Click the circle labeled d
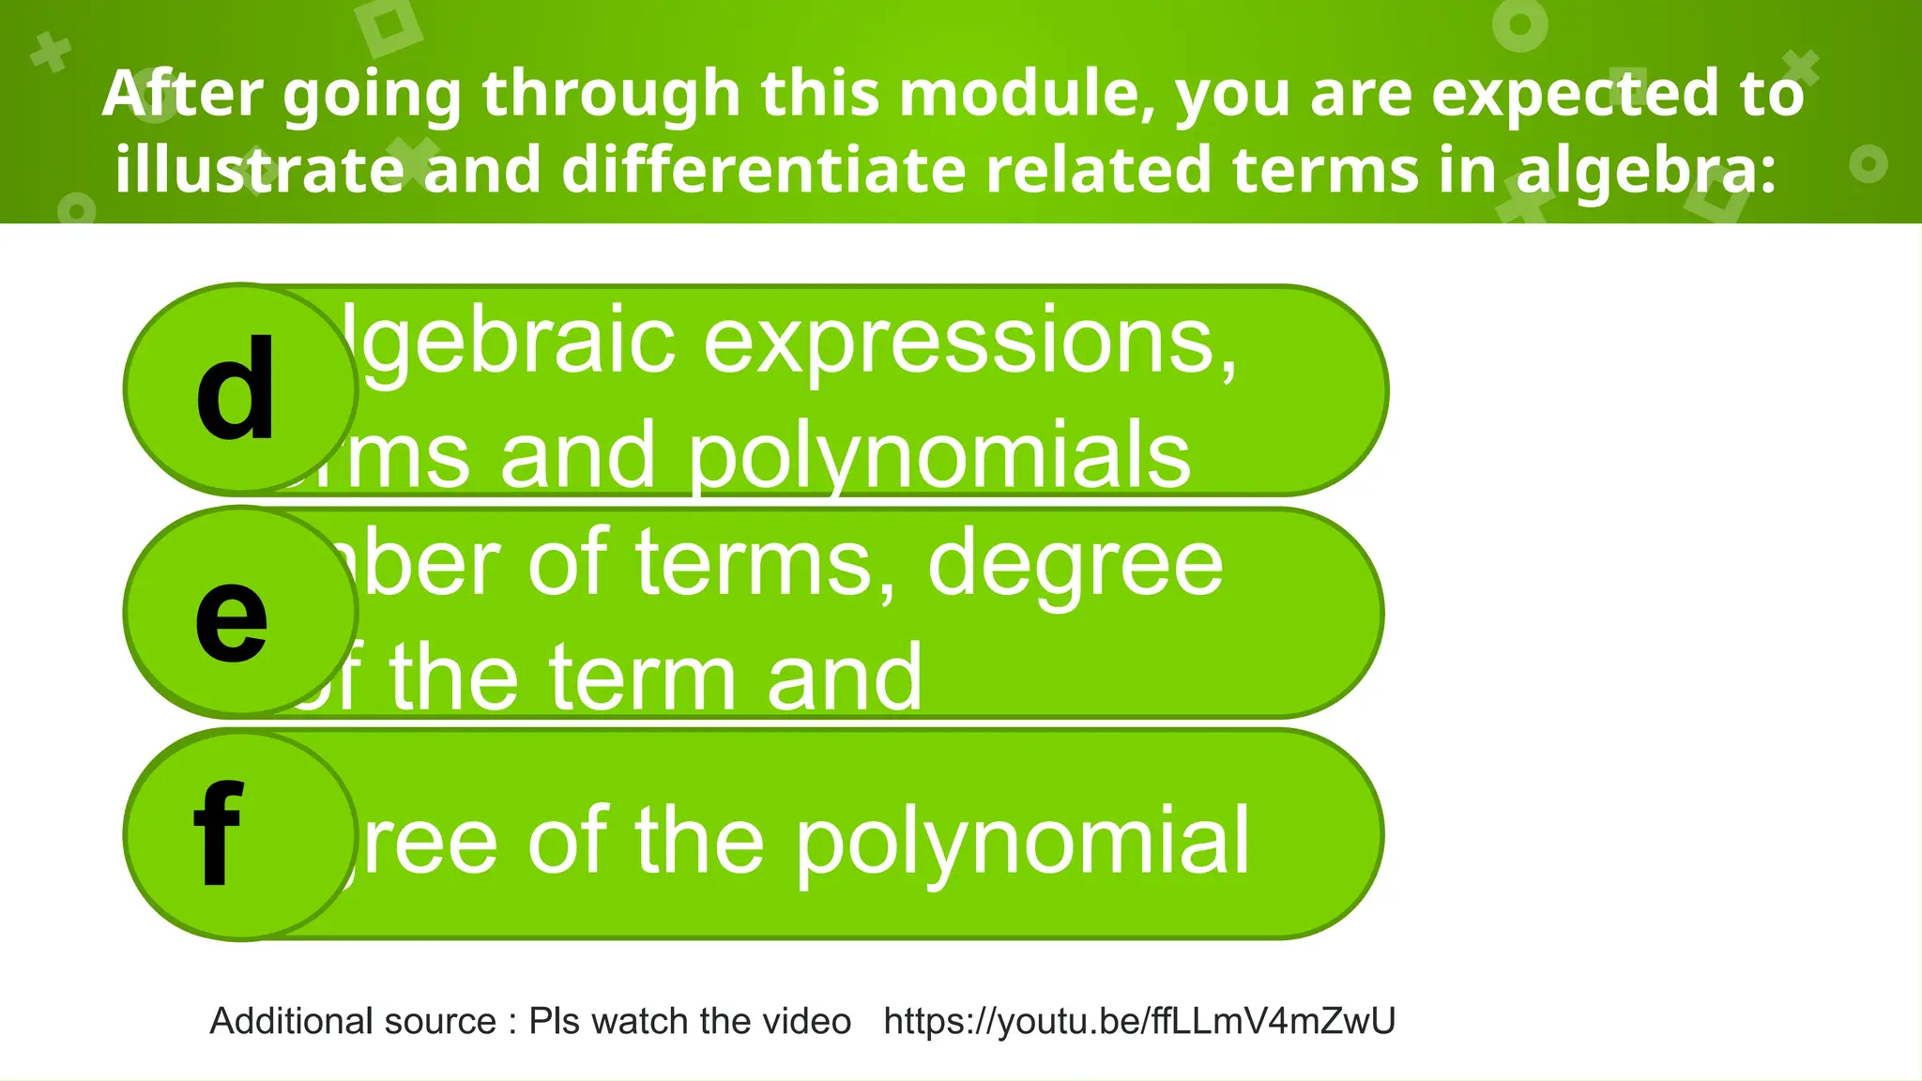[240, 388]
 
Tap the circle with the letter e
[240, 612]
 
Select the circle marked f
[240, 835]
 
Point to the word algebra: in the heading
[1647, 171]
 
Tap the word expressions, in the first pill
[970, 342]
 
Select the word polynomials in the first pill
[939, 457]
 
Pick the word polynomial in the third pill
[1023, 842]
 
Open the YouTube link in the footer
[1139, 1021]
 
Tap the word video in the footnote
[808, 1021]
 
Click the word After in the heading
[183, 94]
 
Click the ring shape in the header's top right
[1519, 25]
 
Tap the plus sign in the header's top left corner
[51, 53]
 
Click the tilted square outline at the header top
[389, 28]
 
